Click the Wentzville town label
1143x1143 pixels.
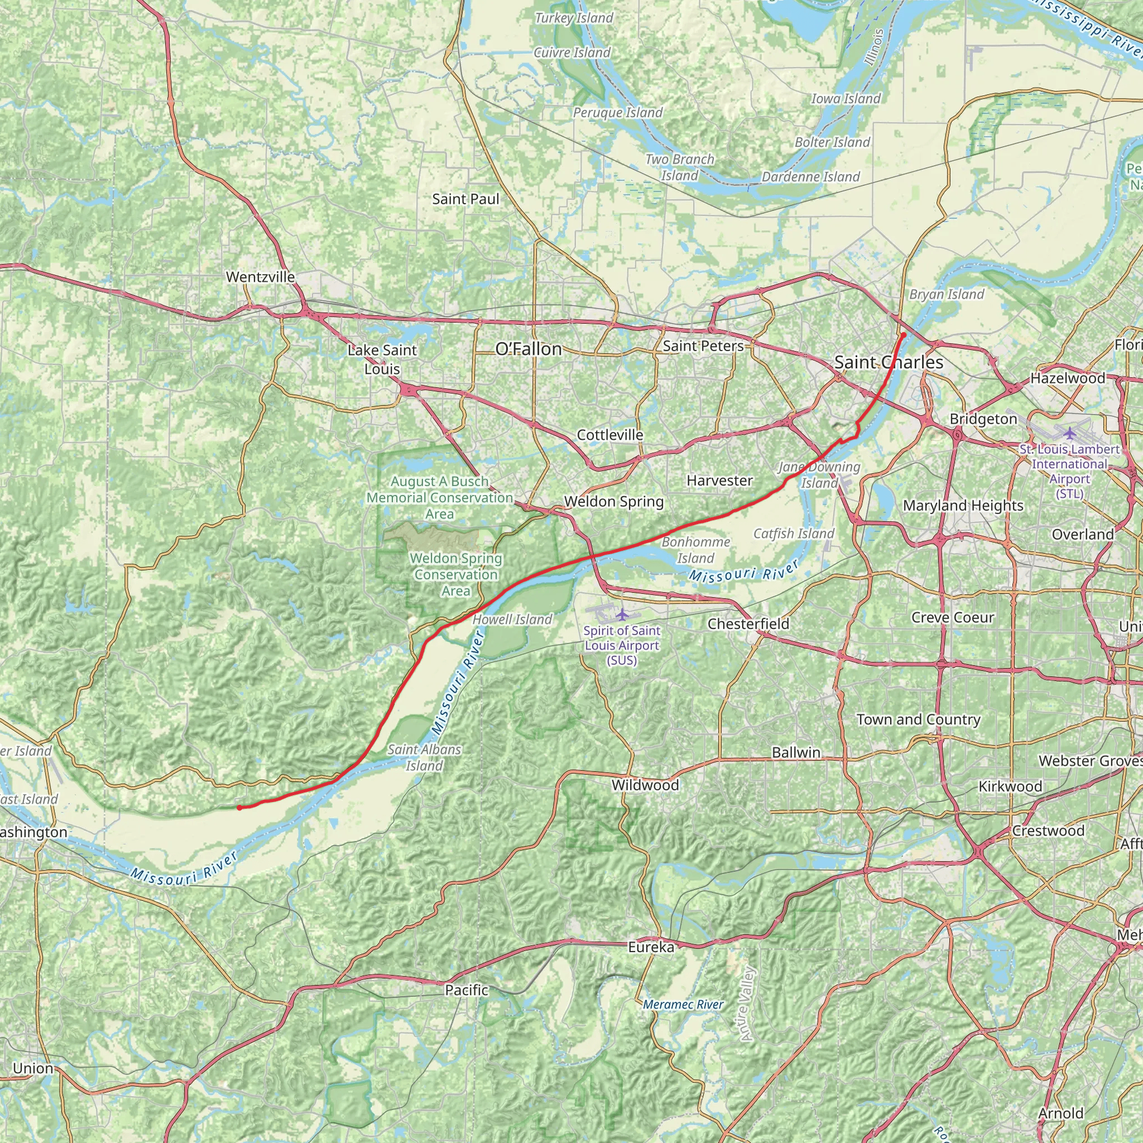260,277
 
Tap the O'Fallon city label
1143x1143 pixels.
529,349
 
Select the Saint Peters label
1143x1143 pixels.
703,346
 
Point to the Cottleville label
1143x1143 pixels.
610,435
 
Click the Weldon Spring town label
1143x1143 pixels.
613,502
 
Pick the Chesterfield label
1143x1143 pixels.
748,623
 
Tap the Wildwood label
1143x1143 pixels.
645,785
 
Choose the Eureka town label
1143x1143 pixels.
651,947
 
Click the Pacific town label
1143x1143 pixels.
467,990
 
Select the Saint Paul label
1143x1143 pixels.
465,199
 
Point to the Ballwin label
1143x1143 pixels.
796,752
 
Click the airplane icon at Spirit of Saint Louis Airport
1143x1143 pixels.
621,614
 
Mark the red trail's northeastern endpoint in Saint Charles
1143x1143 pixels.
904,335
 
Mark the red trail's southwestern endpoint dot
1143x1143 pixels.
239,808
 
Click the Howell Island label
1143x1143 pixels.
512,619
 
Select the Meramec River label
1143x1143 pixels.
683,1005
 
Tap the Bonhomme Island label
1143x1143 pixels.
696,550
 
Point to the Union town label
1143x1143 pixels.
33,1068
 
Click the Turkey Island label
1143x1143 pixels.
574,18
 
